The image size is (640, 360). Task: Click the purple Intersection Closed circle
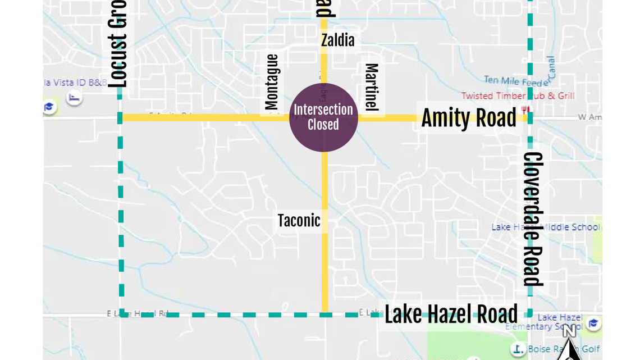[323, 117]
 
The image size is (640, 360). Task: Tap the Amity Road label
[469, 118]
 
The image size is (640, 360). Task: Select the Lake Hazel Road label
[451, 315]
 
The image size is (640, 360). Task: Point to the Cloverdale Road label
[533, 219]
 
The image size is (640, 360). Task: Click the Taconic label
[299, 221]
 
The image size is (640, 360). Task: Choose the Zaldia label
[337, 40]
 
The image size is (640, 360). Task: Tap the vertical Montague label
[272, 82]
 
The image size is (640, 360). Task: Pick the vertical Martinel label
[372, 86]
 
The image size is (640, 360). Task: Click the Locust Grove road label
[117, 45]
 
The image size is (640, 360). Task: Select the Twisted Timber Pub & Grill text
[518, 96]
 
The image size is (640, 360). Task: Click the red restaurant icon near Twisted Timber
[525, 110]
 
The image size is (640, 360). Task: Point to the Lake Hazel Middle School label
[545, 227]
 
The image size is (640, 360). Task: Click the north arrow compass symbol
[569, 343]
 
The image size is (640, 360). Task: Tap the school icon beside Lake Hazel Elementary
[593, 323]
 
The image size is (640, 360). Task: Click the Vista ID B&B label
[75, 83]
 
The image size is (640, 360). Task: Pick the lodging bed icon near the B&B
[74, 98]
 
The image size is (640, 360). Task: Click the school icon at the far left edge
[49, 107]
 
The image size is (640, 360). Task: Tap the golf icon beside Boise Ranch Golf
[518, 349]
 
